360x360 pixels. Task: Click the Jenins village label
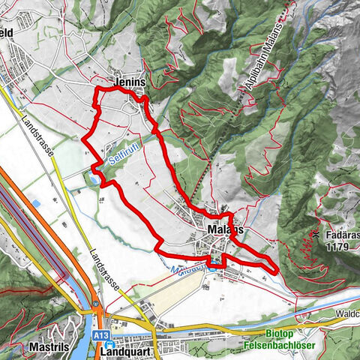pyautogui.click(x=128, y=82)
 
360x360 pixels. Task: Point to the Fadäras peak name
pyautogui.click(x=342, y=234)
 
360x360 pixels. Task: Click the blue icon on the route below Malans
pyautogui.click(x=215, y=262)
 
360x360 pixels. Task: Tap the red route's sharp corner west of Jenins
pyautogui.click(x=95, y=90)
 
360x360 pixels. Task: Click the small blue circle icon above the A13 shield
pyautogui.click(x=98, y=304)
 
